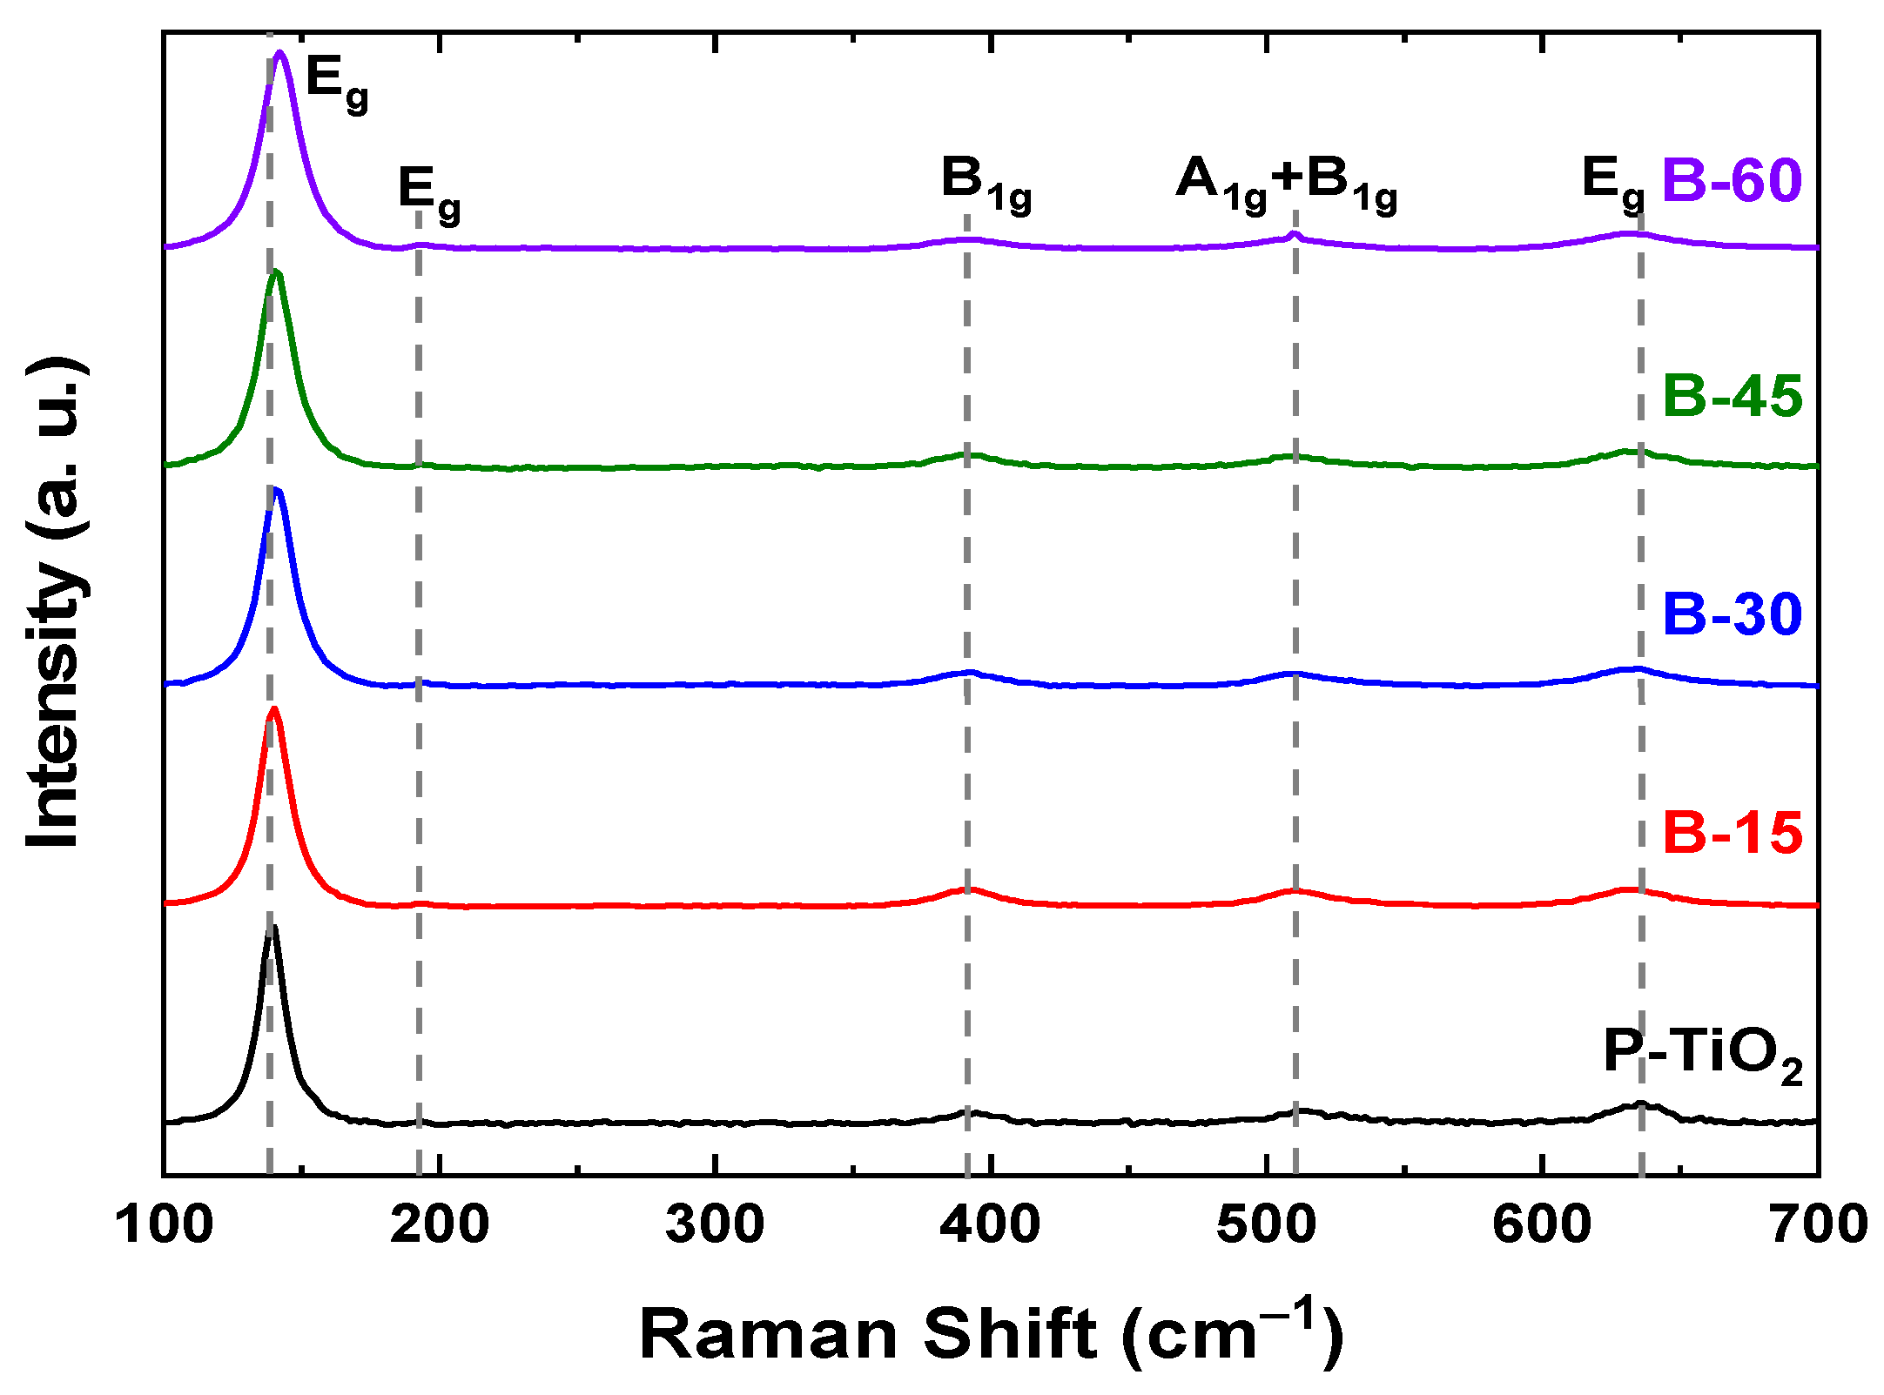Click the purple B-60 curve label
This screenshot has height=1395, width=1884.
(1731, 181)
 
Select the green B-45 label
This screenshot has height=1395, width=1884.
(1731, 397)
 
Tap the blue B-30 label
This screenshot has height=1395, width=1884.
(1731, 614)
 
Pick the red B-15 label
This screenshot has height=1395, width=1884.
(1731, 833)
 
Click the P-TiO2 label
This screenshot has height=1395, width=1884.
(1702, 1055)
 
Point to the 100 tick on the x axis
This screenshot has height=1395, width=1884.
(165, 1225)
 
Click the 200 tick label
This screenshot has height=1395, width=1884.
(440, 1225)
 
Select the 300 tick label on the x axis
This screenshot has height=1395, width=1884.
(715, 1225)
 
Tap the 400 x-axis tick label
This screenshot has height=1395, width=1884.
(991, 1225)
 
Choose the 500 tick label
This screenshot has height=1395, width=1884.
(1266, 1225)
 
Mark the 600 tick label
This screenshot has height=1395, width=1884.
(1542, 1225)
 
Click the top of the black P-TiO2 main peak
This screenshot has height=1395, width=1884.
(273, 928)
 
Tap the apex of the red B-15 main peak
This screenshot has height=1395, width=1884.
(274, 708)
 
